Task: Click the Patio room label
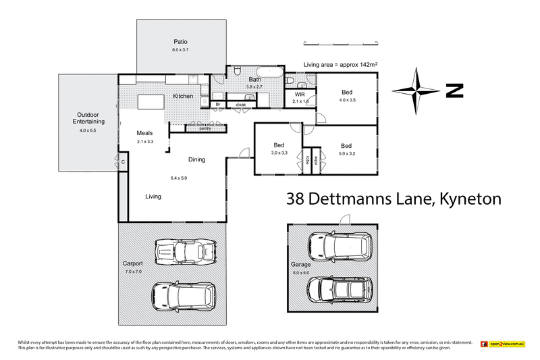[180, 41]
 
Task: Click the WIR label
[300, 94]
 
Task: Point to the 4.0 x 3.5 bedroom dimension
[347, 100]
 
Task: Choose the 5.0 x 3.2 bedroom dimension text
[346, 153]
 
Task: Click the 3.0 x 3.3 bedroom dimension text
[278, 153]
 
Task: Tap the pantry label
[196, 128]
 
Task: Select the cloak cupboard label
[240, 105]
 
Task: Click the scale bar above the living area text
[334, 44]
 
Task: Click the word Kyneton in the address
[470, 199]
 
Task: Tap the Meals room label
[145, 133]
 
